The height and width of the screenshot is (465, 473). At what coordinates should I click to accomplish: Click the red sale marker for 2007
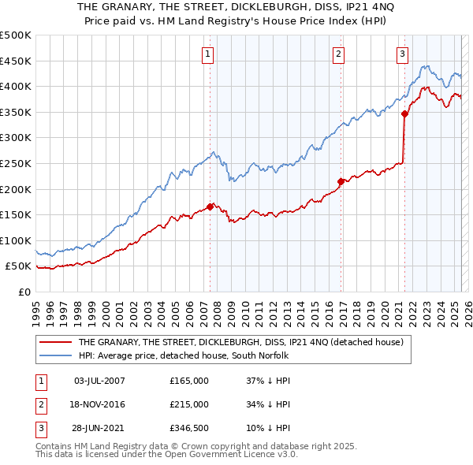tap(210, 206)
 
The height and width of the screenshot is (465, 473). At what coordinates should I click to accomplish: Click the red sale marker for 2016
tap(341, 181)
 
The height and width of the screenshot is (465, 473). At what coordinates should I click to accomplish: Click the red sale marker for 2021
tap(405, 113)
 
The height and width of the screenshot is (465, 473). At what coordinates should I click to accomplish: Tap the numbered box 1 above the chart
tap(207, 54)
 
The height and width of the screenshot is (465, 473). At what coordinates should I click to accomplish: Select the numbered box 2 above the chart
tap(337, 54)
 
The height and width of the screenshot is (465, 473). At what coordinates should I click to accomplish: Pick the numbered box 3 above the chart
tap(402, 54)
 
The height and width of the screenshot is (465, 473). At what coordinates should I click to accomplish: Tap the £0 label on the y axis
tap(24, 292)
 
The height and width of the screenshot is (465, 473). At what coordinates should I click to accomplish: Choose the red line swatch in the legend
tap(56, 342)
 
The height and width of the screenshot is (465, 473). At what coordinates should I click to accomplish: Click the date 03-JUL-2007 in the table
tap(99, 381)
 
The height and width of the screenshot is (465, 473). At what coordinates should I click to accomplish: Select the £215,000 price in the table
tap(189, 404)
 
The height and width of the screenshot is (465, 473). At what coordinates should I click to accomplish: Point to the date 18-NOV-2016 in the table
tap(99, 404)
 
